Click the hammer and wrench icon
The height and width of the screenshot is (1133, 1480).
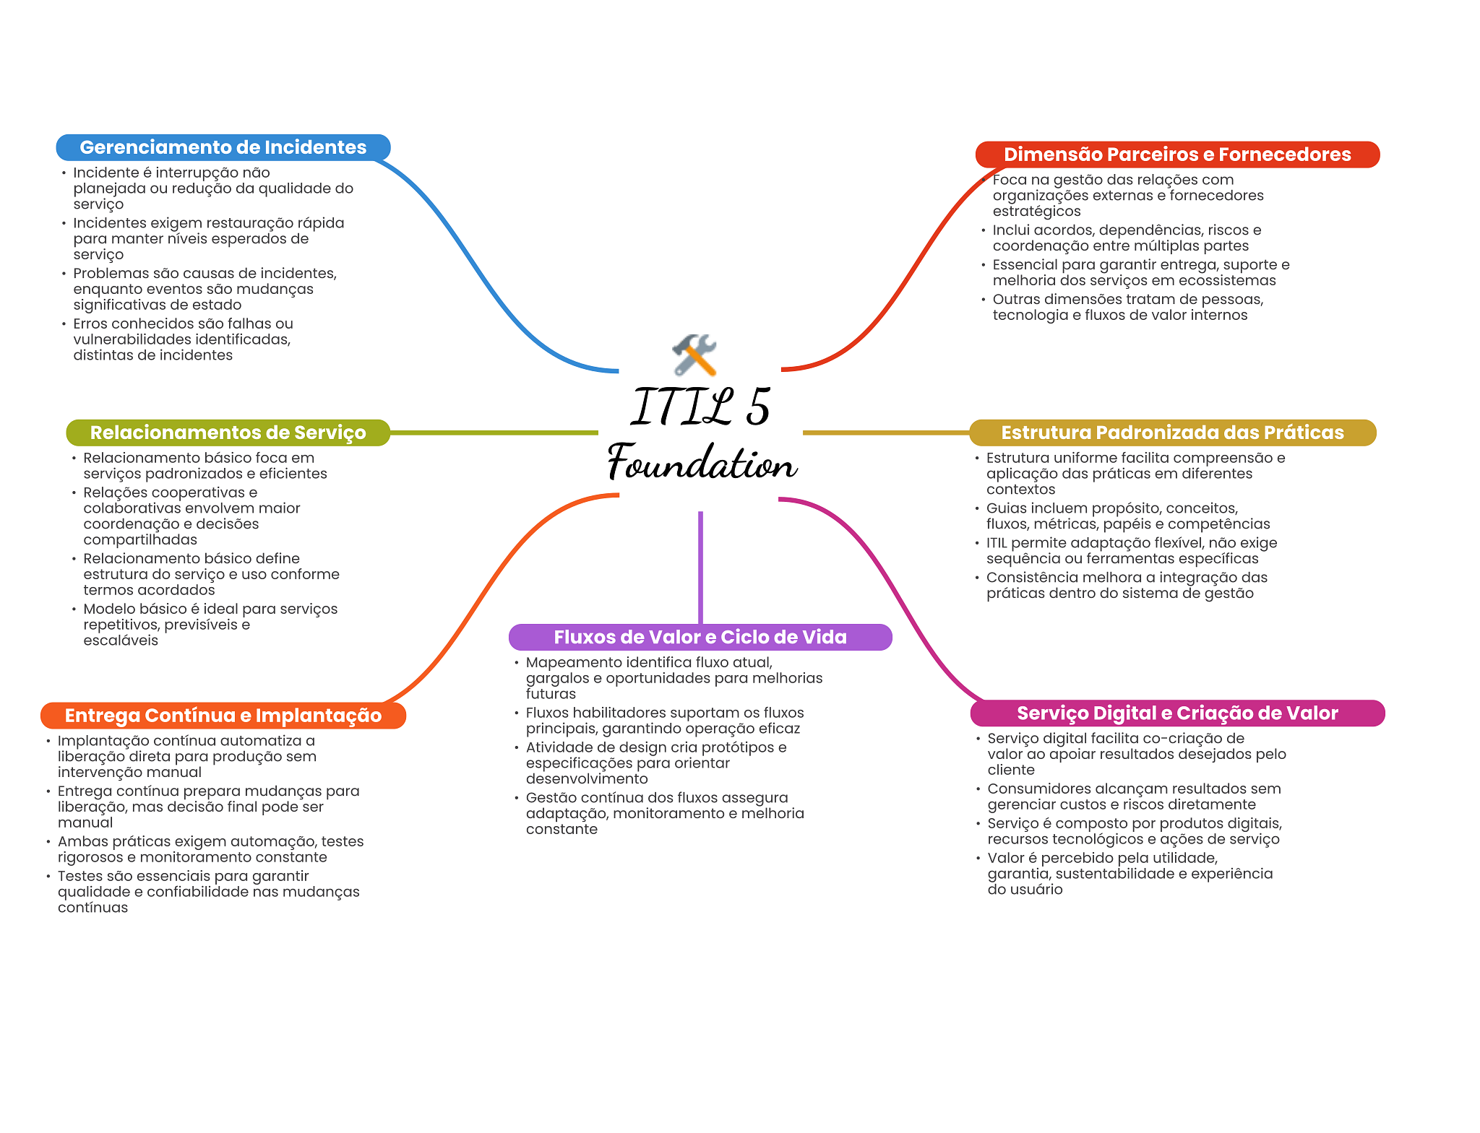click(x=694, y=355)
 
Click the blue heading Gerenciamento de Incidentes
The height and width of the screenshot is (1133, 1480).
click(x=223, y=147)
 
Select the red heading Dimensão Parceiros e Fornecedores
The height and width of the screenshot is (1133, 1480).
click(x=1177, y=155)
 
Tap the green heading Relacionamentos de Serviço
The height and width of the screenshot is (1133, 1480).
click(x=228, y=433)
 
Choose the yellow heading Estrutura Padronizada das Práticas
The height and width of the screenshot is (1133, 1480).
click(x=1172, y=433)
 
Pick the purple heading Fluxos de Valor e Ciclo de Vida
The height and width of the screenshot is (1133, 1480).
click(x=700, y=637)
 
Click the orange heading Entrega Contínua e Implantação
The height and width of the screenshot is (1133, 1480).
click(x=223, y=716)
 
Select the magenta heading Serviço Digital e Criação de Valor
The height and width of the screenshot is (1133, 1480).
click(x=1177, y=713)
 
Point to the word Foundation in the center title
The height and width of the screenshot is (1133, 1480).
click(x=702, y=462)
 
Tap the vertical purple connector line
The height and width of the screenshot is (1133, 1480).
click(x=700, y=568)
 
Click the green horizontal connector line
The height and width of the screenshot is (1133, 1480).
click(x=494, y=433)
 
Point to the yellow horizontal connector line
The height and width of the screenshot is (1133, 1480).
click(x=886, y=433)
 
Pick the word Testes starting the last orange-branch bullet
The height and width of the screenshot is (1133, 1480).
click(x=80, y=876)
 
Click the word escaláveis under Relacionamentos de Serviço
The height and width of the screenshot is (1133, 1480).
click(x=121, y=641)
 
